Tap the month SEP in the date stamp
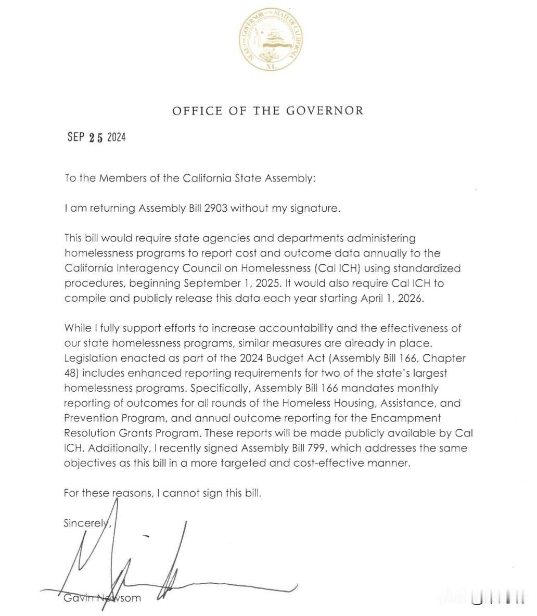tap(76, 137)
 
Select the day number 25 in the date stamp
tap(97, 137)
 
